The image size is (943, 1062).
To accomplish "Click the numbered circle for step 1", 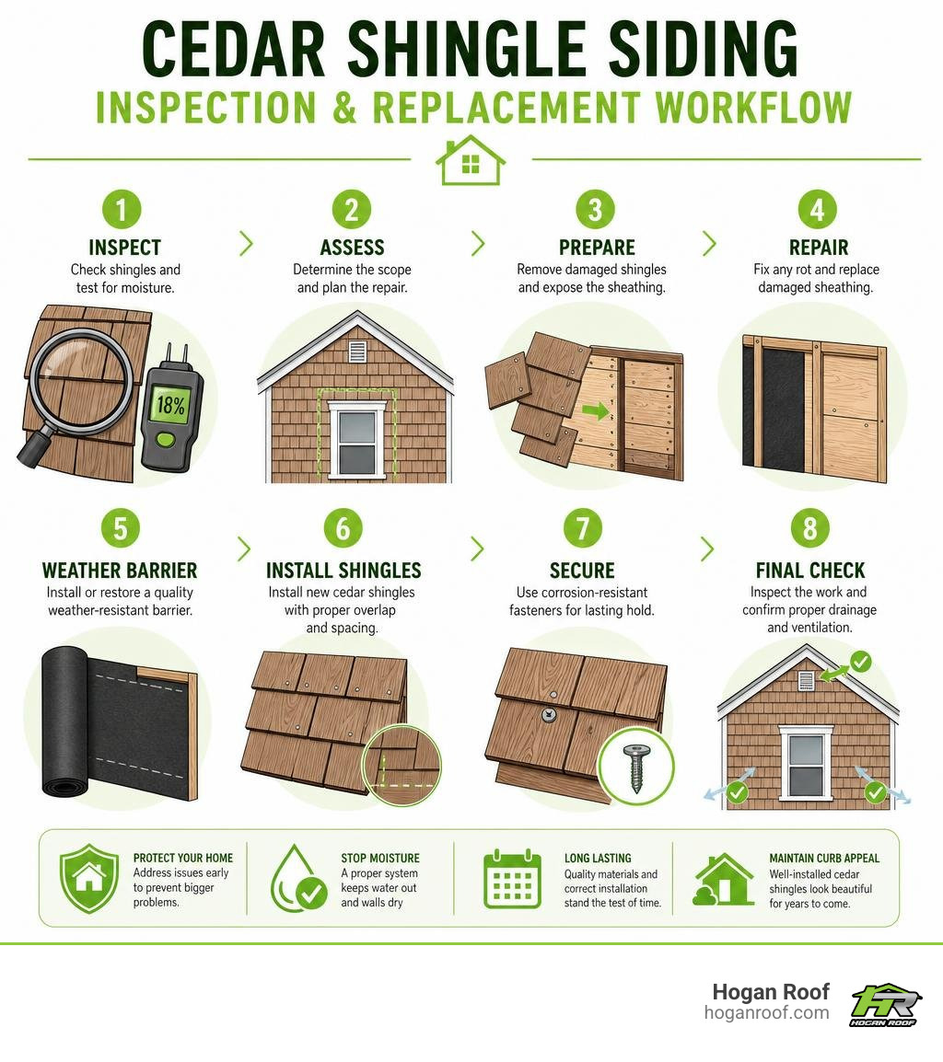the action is (122, 209).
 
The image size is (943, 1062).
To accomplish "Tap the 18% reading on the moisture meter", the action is (170, 406).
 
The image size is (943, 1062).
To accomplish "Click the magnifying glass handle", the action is (35, 446).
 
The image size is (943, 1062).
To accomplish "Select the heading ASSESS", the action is (352, 248).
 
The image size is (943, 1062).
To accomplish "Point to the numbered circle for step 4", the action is (817, 209).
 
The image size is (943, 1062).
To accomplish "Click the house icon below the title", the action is (471, 160).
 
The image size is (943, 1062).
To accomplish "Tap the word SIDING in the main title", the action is (703, 49).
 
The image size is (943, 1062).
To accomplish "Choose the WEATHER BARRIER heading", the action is (120, 571).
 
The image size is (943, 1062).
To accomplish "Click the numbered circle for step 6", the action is (343, 528).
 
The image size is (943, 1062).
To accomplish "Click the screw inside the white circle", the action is (636, 768).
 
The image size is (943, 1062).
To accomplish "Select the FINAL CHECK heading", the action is (810, 571).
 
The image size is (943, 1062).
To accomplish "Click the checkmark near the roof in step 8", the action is (860, 661).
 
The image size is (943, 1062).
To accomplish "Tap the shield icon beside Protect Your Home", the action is (89, 879).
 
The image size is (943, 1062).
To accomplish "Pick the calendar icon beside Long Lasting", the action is (513, 879).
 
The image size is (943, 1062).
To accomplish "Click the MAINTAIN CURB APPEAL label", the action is (823, 858).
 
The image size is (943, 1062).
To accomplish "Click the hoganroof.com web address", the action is (766, 1013).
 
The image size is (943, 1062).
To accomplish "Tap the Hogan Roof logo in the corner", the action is (885, 1004).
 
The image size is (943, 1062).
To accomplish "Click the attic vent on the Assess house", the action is (357, 352).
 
